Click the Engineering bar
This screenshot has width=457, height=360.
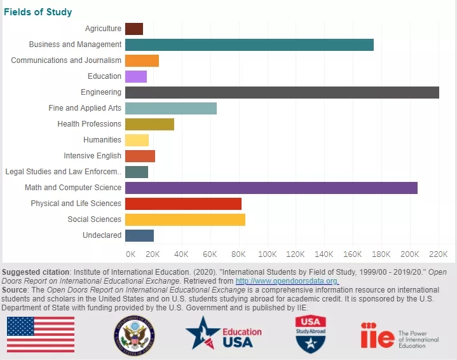tap(282, 92)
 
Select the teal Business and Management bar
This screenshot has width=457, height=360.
tap(249, 45)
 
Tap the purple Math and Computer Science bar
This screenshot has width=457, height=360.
tap(271, 188)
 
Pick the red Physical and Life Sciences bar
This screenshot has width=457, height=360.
tap(183, 204)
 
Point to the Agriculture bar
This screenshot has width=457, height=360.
tap(133, 29)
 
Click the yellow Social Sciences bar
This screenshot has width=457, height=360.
tap(185, 219)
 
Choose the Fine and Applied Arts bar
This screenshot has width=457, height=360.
tap(170, 108)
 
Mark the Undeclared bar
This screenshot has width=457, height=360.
tap(139, 235)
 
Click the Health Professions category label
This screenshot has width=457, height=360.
tap(89, 124)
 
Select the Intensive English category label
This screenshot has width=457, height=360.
tap(92, 156)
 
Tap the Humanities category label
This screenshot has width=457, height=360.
tap(102, 140)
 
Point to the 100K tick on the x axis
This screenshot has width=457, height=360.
tap(268, 254)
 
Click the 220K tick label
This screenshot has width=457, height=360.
tap(439, 254)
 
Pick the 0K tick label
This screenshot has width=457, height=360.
tap(130, 254)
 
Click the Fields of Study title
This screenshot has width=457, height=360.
tap(38, 12)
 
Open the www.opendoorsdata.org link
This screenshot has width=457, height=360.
tap(287, 281)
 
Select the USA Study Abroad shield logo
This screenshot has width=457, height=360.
tap(311, 334)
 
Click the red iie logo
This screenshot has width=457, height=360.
tap(377, 335)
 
